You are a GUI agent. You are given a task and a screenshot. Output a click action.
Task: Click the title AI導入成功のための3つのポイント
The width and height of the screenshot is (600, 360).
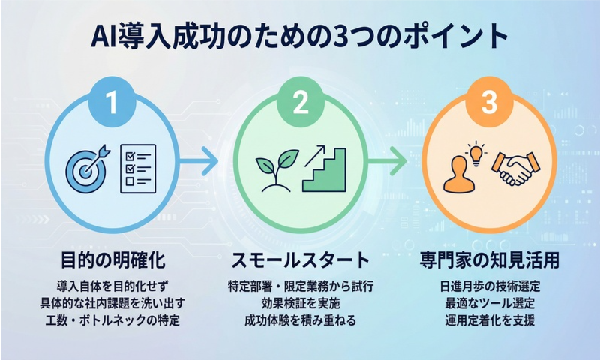point(300,37)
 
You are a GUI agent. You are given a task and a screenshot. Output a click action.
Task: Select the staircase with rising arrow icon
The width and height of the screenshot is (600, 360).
point(325,167)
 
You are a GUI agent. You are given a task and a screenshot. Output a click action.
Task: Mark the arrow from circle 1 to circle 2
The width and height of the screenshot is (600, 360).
point(200,160)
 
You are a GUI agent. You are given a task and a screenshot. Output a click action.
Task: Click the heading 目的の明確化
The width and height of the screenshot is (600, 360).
point(112,260)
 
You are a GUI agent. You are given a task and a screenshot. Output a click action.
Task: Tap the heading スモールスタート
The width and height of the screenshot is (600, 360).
point(300,260)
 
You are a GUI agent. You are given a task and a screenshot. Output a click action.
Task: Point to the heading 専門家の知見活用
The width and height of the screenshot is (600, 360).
point(488,260)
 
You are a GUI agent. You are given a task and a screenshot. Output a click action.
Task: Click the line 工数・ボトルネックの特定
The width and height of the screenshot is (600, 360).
point(112,321)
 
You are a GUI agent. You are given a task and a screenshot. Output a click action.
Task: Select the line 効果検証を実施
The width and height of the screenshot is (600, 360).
point(300,304)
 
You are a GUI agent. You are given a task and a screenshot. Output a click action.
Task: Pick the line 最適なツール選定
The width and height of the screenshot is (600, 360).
point(488,304)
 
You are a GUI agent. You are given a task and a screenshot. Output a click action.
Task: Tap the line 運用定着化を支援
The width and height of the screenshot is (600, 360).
point(488,321)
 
